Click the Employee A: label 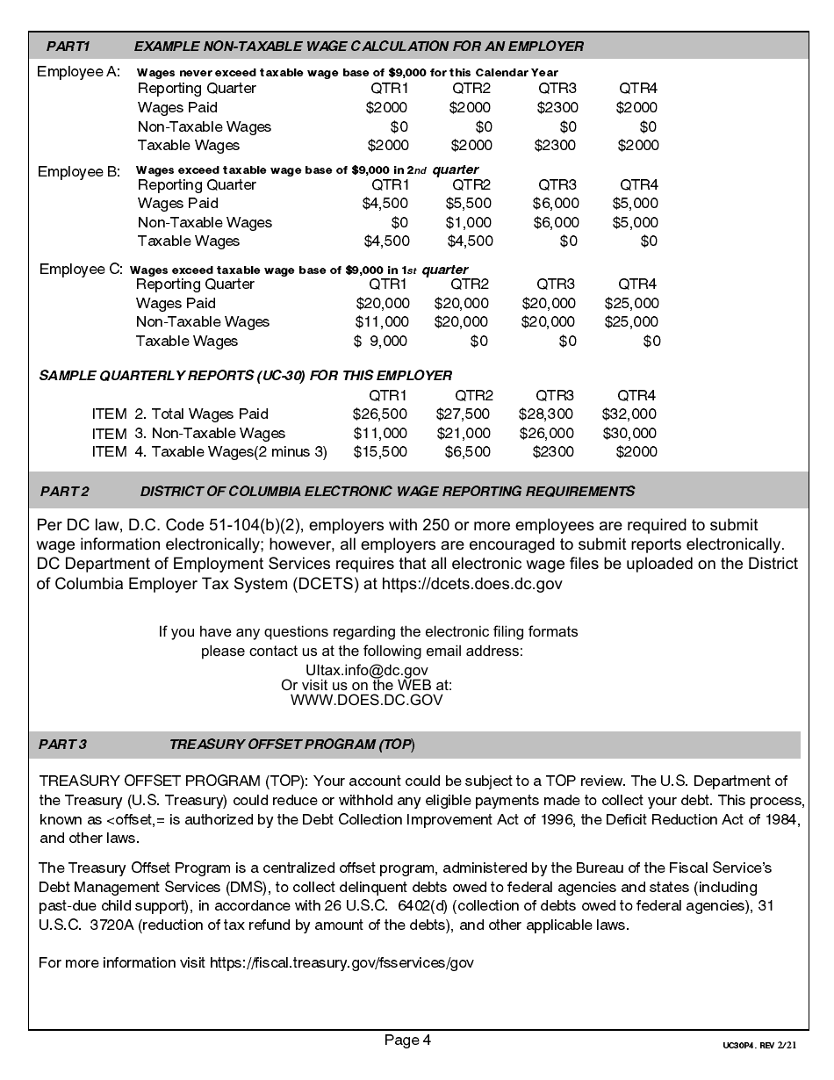pos(78,72)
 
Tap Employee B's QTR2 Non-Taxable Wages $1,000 pos(469,222)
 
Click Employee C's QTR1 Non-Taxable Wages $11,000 pos(382,321)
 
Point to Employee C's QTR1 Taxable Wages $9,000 pos(382,341)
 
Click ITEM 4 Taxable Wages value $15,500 pos(379,451)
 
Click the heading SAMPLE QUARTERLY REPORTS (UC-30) pos(246,376)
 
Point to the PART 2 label pos(64,491)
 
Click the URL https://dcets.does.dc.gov pos(472,583)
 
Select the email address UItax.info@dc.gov pos(366,670)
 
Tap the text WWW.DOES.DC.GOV pos(366,701)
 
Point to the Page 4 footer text pos(407,1040)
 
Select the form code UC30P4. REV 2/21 pos(759,1047)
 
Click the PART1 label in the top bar pos(68,46)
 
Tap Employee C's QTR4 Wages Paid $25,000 pos(631,303)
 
